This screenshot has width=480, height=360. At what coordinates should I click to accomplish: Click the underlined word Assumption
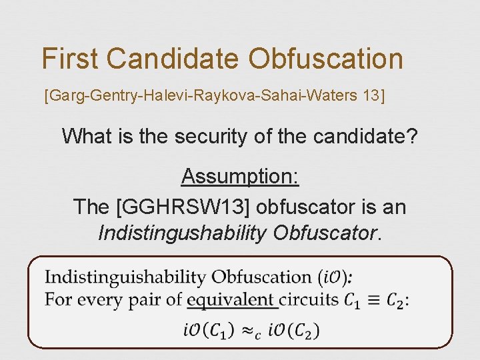[239, 177]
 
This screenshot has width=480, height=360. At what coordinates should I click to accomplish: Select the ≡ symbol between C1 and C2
[375, 300]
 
